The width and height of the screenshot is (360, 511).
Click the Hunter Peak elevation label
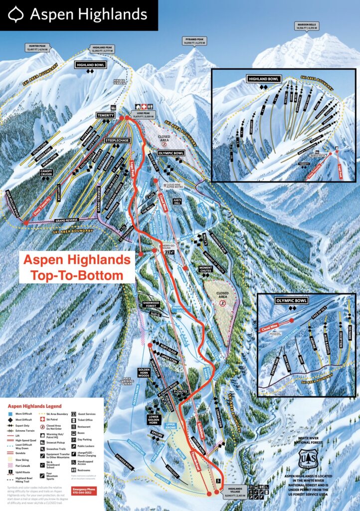tap(41, 48)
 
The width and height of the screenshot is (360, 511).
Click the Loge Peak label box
tap(141, 113)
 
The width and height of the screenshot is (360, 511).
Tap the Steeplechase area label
tap(117, 141)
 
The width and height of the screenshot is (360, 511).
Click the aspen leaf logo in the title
tap(17, 14)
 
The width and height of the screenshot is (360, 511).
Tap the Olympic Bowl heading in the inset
tap(290, 301)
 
